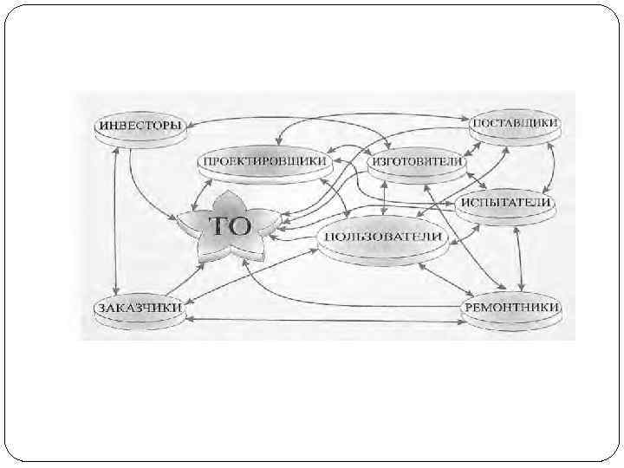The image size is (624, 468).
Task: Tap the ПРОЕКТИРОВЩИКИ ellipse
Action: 264,161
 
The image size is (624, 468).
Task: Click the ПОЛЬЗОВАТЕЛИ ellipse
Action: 382,237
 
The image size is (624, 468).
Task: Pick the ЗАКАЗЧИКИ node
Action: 139,307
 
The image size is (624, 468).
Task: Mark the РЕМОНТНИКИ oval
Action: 512,307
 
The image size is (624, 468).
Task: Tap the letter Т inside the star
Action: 219,226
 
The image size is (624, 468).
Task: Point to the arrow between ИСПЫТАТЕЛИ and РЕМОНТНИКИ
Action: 519,257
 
